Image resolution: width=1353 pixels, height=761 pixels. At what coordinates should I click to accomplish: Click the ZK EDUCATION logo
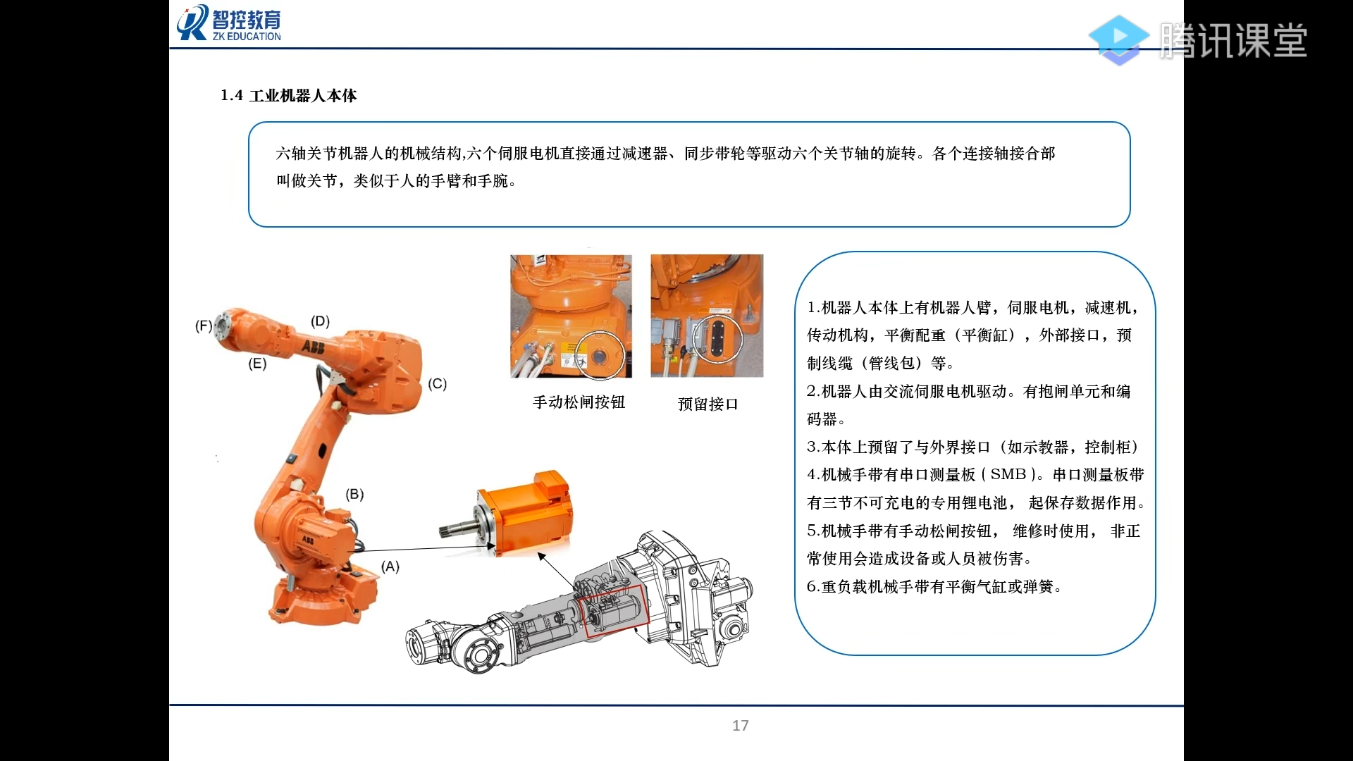[229, 23]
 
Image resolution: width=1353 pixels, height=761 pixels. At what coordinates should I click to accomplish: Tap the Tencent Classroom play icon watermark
[1118, 39]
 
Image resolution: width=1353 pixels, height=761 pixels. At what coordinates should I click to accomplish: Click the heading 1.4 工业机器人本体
[288, 95]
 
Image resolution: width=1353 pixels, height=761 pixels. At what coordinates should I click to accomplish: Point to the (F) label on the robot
[203, 326]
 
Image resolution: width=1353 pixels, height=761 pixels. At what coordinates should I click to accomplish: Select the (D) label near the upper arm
[320, 321]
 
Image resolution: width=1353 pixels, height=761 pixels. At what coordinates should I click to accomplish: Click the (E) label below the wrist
[257, 364]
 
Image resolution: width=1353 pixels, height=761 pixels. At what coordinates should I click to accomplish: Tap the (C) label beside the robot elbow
[437, 383]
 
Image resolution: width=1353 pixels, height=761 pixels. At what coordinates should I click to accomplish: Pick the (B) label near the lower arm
[354, 494]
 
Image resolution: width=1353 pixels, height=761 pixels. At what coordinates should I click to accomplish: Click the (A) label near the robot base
[390, 566]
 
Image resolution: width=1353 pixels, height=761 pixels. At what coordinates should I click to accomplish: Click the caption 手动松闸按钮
[579, 402]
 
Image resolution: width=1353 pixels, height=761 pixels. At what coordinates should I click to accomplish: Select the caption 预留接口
[708, 404]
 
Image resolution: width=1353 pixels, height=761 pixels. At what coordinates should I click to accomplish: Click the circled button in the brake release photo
[599, 356]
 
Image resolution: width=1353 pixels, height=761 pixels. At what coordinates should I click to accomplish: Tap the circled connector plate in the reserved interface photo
[717, 339]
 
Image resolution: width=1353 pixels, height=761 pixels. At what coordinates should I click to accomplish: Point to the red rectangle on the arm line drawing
[614, 610]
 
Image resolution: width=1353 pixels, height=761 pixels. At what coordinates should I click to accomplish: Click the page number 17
[740, 725]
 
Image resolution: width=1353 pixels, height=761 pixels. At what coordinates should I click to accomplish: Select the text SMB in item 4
[1008, 474]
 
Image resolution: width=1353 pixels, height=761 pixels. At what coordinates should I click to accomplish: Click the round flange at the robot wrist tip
[223, 326]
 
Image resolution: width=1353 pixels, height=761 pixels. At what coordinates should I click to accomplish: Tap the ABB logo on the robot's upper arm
[313, 346]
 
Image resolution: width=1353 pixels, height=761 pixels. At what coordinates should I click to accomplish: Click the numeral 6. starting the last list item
[813, 586]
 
